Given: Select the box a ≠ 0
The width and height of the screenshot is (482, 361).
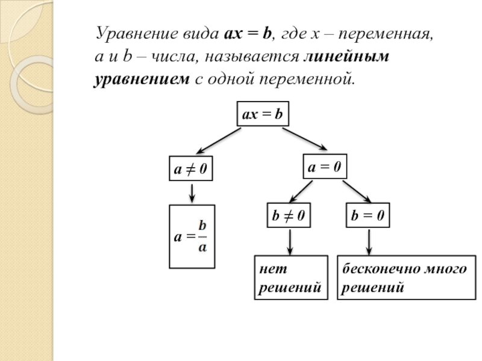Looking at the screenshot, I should tap(191, 170).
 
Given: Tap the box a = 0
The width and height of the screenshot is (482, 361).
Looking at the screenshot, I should tap(325, 168).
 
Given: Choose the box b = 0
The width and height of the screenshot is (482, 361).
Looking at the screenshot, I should tap(368, 215).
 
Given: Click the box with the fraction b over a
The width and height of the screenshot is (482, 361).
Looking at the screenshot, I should tap(191, 236).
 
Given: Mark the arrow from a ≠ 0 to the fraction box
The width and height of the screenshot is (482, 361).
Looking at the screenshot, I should tap(191, 193).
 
